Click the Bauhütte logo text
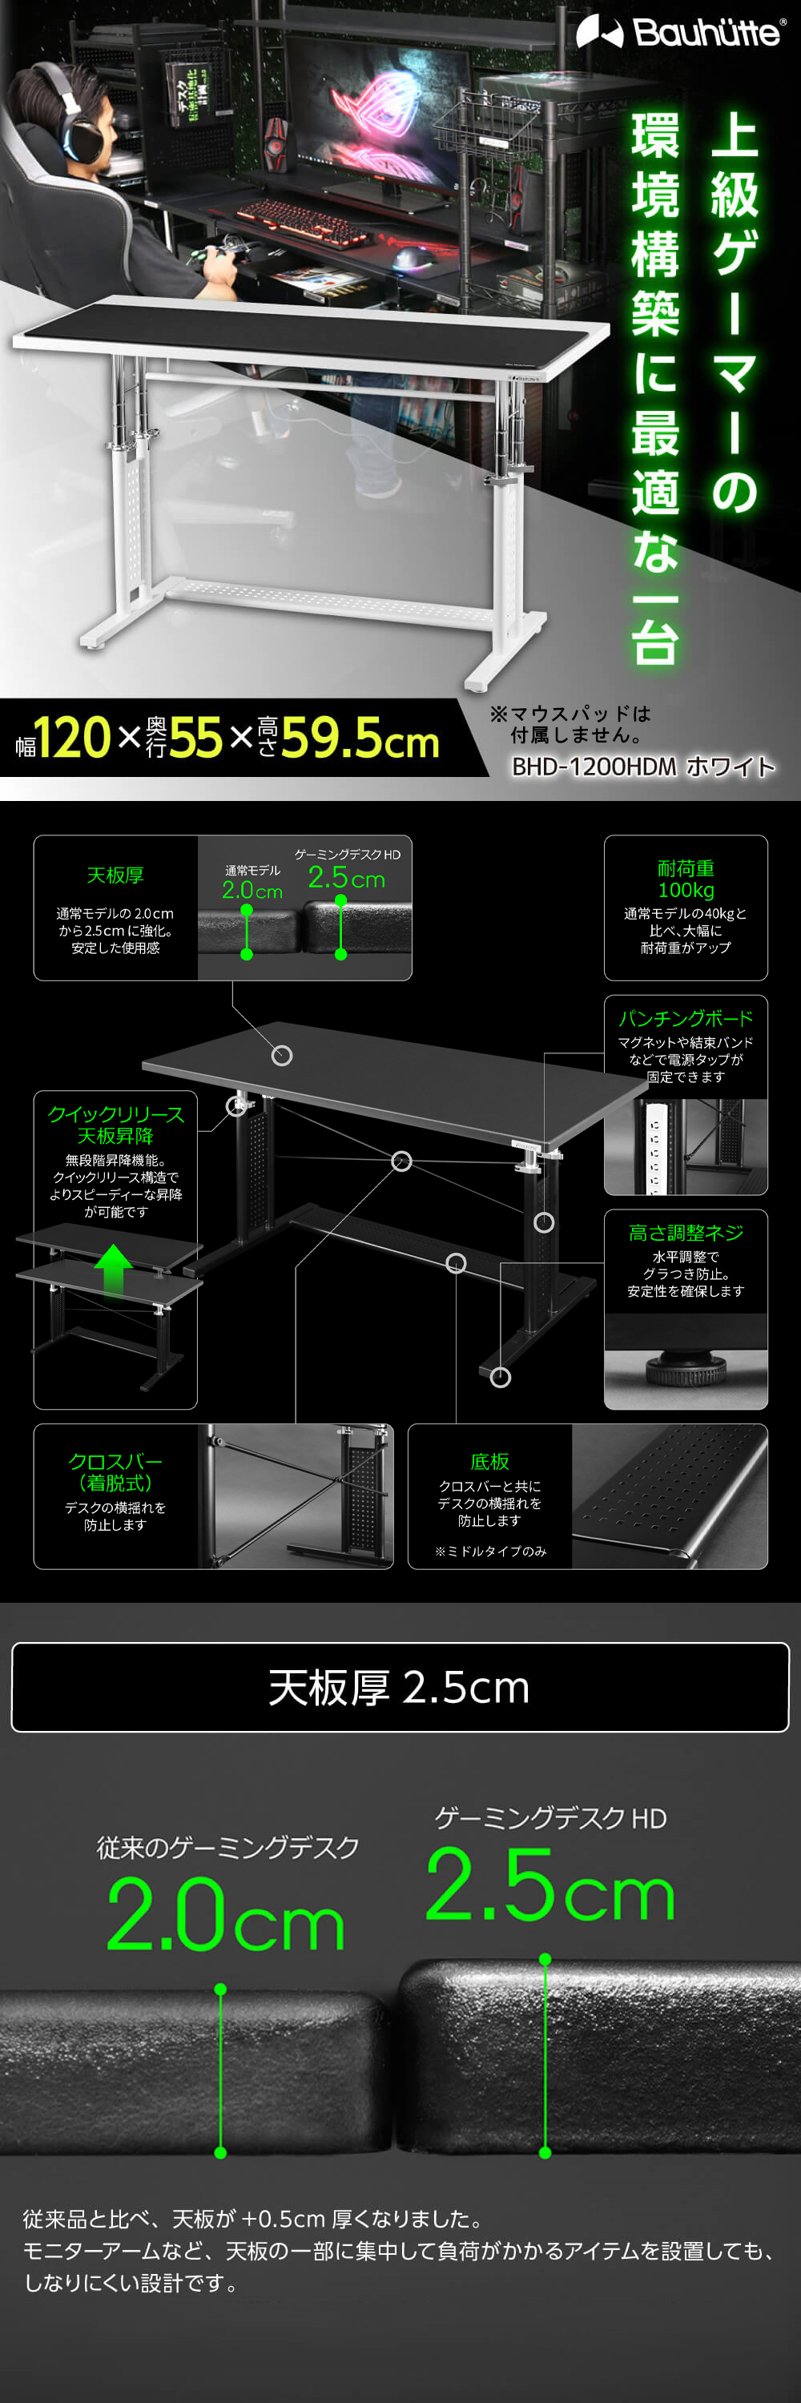706,34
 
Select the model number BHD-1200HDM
594,767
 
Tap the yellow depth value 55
195,739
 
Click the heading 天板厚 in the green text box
115,875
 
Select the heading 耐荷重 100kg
686,879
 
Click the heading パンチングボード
686,1018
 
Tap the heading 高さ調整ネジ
686,1232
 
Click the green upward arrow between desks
113,1269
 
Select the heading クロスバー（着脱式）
115,1472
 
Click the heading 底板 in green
489,1461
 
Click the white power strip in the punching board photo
654,1146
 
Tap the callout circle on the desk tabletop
282,1055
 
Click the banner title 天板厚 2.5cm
400,1688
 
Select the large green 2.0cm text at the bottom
225,1914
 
